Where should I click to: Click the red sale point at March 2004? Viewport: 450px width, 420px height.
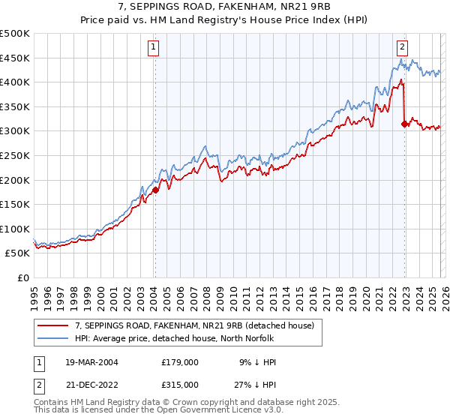(x=155, y=190)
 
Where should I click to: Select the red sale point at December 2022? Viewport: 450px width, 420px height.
(x=405, y=124)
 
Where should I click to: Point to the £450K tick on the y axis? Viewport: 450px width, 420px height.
(x=15, y=58)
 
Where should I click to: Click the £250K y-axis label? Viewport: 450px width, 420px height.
(x=15, y=155)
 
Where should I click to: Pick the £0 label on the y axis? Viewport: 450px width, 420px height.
(x=23, y=277)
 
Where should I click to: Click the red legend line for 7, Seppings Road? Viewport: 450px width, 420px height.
(x=54, y=325)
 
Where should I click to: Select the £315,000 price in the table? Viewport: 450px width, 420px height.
(x=179, y=384)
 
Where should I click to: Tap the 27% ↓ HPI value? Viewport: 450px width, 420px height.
(x=255, y=384)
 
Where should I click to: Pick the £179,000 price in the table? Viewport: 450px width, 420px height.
(x=179, y=362)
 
